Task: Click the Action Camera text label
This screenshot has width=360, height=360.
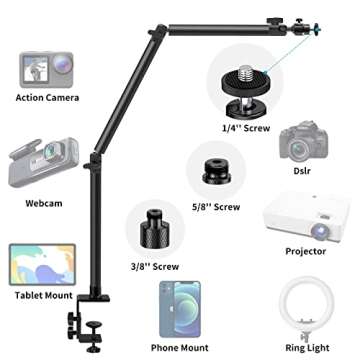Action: click(48, 97)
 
